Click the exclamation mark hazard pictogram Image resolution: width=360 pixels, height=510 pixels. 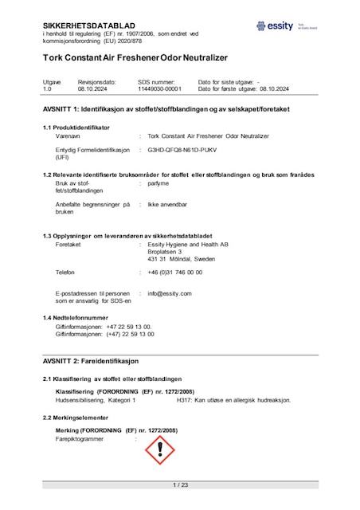click(160, 450)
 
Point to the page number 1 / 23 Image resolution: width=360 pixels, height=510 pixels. click(180, 484)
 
